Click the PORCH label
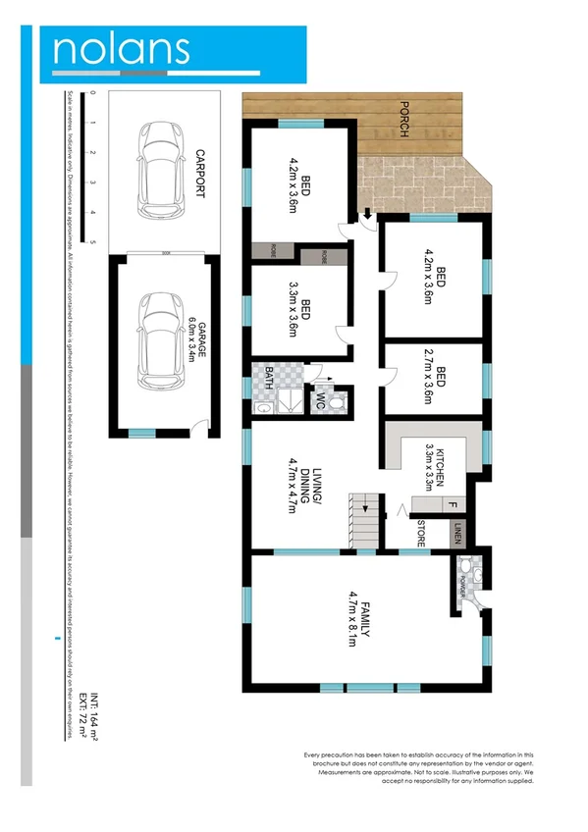pyautogui.click(x=402, y=120)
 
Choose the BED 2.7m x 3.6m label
pyautogui.click(x=435, y=377)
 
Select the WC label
pyautogui.click(x=321, y=401)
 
